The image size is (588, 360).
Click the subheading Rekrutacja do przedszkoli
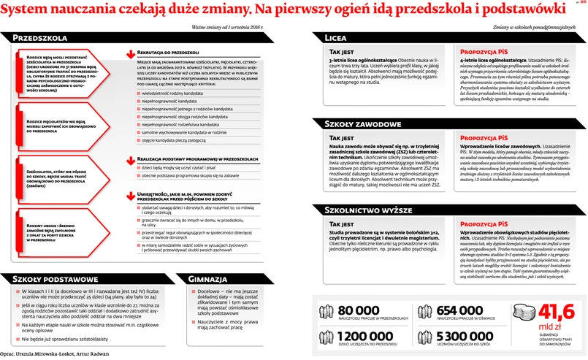(x=167, y=53)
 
